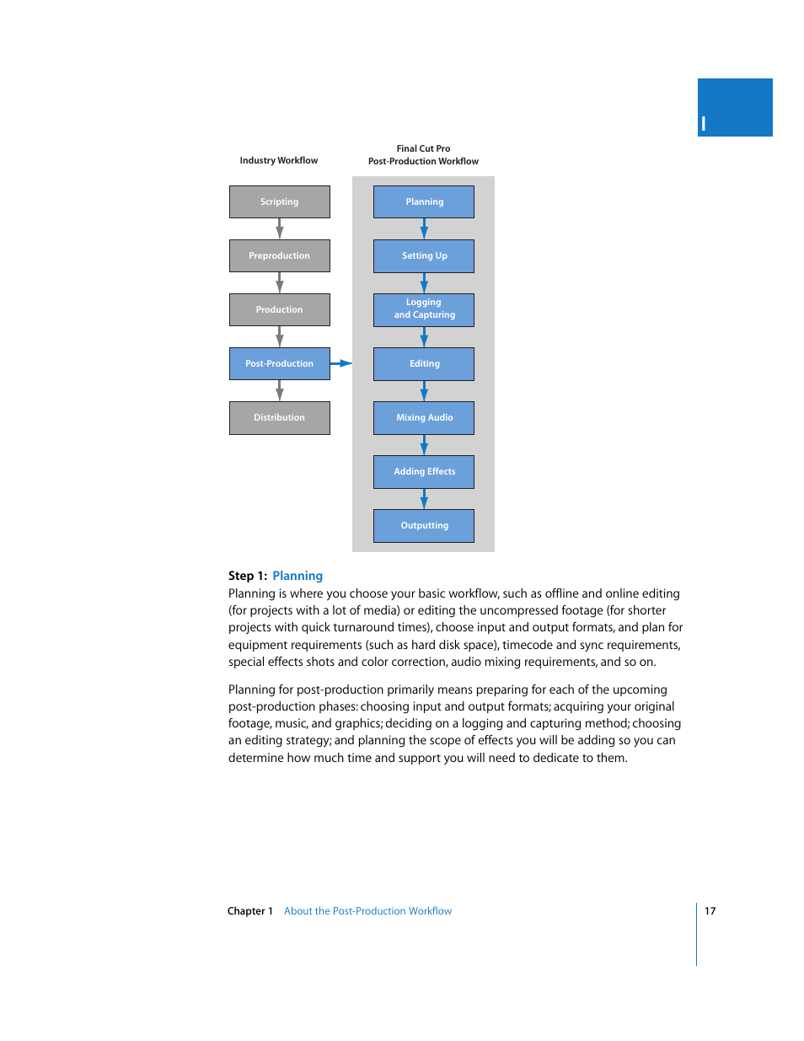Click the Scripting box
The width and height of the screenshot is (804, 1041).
279,202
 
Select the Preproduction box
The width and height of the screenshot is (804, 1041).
279,256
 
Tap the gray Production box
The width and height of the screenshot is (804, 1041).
279,310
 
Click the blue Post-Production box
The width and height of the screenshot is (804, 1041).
279,364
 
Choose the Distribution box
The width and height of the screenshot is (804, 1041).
279,418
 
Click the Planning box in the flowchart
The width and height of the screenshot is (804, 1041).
424,202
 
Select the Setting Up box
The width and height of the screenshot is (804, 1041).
424,256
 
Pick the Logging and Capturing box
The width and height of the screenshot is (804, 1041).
424,309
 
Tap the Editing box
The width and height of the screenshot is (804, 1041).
424,364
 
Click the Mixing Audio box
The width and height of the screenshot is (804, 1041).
424,418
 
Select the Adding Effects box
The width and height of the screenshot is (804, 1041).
424,472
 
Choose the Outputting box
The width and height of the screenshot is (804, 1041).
424,526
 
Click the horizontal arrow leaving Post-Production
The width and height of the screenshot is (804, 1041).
341,363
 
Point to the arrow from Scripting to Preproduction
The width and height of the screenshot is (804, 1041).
280,228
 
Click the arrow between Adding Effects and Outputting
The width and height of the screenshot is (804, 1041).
424,499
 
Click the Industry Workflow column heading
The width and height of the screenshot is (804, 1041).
279,161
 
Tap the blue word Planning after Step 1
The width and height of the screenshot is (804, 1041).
297,576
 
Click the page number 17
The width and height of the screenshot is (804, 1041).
710,911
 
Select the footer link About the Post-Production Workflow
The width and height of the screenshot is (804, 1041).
367,911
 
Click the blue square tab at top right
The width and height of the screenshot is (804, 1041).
735,108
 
